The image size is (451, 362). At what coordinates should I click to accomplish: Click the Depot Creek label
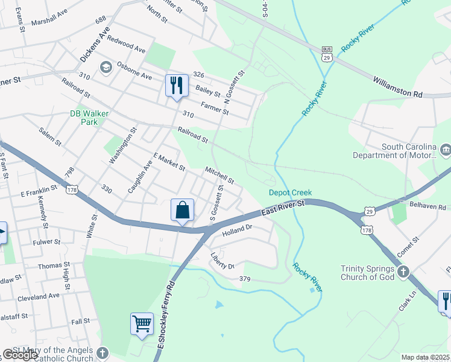point(290,192)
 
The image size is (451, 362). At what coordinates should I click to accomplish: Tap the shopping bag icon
point(182,211)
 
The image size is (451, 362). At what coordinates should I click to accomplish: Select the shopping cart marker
point(142,324)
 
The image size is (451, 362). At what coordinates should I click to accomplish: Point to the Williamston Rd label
point(398,87)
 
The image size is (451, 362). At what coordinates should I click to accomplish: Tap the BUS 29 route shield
point(327,53)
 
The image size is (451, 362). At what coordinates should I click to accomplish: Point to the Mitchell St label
point(219,176)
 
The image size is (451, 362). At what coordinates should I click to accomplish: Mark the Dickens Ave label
point(95,44)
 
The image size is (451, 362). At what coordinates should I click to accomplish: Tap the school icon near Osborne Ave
point(107,67)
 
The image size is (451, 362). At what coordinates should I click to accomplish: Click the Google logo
point(21,355)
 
